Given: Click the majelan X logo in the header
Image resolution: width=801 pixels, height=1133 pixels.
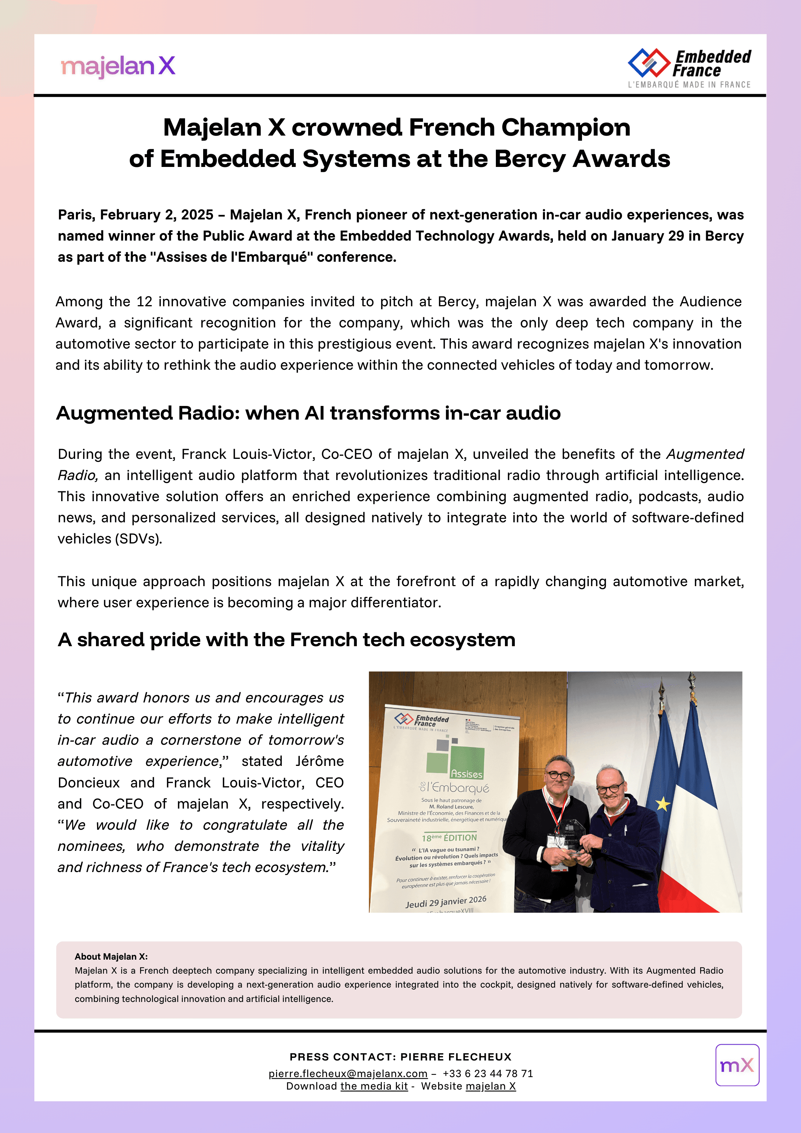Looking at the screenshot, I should [x=118, y=66].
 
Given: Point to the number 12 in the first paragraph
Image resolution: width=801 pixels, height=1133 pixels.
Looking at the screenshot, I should [x=145, y=301].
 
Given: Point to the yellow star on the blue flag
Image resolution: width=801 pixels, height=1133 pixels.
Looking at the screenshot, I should [x=662, y=804].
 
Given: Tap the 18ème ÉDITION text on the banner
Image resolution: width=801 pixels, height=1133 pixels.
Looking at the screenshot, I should [x=449, y=837].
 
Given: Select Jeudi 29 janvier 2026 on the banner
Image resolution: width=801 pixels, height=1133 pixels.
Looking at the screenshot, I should [x=446, y=901].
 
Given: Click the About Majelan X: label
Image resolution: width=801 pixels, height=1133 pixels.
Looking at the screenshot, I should [x=111, y=956].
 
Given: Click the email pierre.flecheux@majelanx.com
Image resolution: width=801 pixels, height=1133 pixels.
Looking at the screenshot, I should [x=348, y=1074].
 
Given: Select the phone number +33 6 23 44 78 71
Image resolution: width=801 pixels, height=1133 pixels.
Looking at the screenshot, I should [x=488, y=1074].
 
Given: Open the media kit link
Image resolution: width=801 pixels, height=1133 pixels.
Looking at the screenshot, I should [x=374, y=1086].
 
